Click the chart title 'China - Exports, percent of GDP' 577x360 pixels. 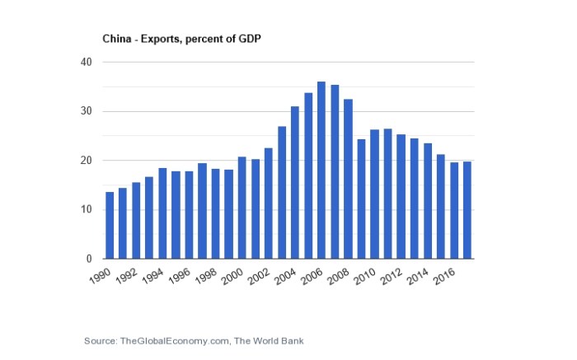pyautogui.click(x=181, y=39)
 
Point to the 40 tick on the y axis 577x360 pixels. pyautogui.click(x=86, y=63)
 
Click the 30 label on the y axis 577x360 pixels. pyautogui.click(x=86, y=112)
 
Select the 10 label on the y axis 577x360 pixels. pyautogui.click(x=86, y=210)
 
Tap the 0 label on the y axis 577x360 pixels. pyautogui.click(x=89, y=259)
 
